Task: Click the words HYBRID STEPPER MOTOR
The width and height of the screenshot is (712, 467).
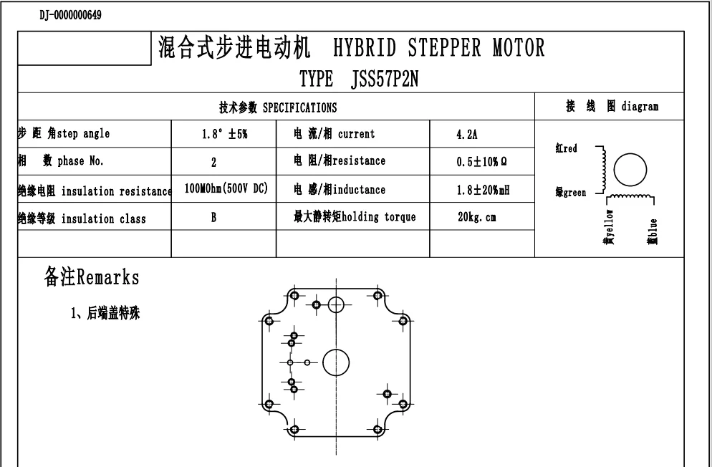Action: coord(439,48)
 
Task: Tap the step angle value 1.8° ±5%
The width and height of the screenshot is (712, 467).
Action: coord(223,134)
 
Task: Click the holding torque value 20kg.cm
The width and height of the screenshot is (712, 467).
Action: coord(477,217)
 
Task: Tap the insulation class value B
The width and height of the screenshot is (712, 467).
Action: coord(213,217)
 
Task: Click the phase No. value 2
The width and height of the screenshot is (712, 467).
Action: coord(213,162)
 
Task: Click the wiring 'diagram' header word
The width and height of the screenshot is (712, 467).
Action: coord(640,107)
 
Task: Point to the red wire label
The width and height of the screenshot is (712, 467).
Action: coord(569,149)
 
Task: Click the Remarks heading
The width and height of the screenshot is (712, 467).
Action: coord(91,277)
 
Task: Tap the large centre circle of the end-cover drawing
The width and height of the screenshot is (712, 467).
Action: coord(335,363)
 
